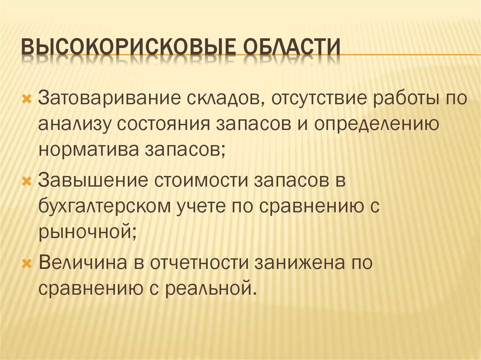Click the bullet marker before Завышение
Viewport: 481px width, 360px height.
pos(26,181)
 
